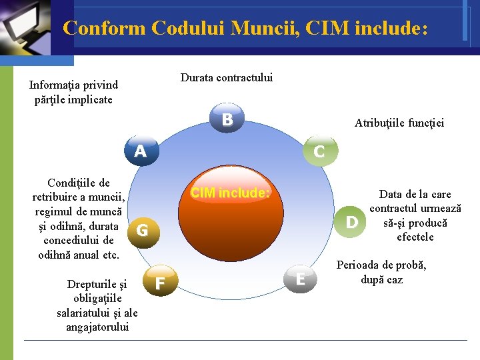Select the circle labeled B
[x=227, y=120]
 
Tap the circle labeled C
[x=319, y=152]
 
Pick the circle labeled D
[x=352, y=221]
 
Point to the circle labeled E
[x=301, y=279]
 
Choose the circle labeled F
[x=160, y=283]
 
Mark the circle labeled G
[x=142, y=231]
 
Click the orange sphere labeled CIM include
[x=230, y=220]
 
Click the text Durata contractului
[x=227, y=78]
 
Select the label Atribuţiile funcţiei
[x=399, y=123]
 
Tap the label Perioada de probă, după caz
[x=381, y=272]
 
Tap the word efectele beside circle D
[x=415, y=237]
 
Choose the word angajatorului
[x=97, y=327]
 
